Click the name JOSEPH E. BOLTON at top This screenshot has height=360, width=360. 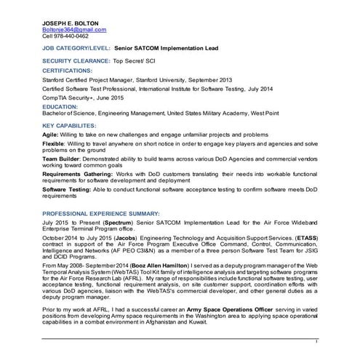pyautogui.click(x=71, y=23)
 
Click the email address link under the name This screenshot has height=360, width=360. pyautogui.click(x=74, y=30)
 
